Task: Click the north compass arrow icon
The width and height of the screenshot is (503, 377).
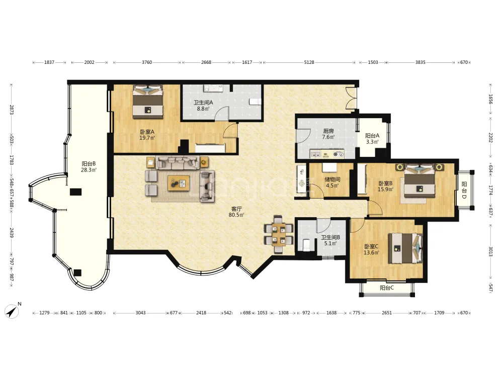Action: [x=12, y=311]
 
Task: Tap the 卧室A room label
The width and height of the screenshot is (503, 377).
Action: [x=147, y=132]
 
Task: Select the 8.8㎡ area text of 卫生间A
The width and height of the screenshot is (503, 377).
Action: [x=203, y=109]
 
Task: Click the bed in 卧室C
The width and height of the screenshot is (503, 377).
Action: [x=405, y=248]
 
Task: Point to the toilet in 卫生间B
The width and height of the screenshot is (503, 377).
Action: [x=306, y=245]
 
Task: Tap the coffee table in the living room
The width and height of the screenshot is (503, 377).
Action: [x=179, y=183]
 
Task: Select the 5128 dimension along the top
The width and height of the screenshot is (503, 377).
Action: [x=309, y=62]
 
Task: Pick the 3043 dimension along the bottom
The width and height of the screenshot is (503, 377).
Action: [x=140, y=313]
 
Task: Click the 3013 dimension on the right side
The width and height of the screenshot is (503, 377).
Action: [x=490, y=251]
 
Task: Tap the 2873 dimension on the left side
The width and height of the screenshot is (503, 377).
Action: [x=11, y=110]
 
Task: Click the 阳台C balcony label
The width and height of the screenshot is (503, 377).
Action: [x=386, y=288]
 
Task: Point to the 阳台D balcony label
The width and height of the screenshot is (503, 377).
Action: [x=464, y=190]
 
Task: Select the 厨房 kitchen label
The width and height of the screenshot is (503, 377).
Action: [x=328, y=131]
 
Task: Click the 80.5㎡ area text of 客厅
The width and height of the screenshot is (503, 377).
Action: [x=236, y=215]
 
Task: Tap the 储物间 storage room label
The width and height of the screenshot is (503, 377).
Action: [x=332, y=179]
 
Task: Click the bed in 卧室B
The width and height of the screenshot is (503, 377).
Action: [x=420, y=180]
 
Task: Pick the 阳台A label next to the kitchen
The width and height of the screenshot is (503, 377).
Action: [x=372, y=136]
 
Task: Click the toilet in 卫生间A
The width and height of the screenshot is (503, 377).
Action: [x=255, y=102]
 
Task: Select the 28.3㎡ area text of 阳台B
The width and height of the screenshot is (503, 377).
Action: [x=89, y=170]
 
